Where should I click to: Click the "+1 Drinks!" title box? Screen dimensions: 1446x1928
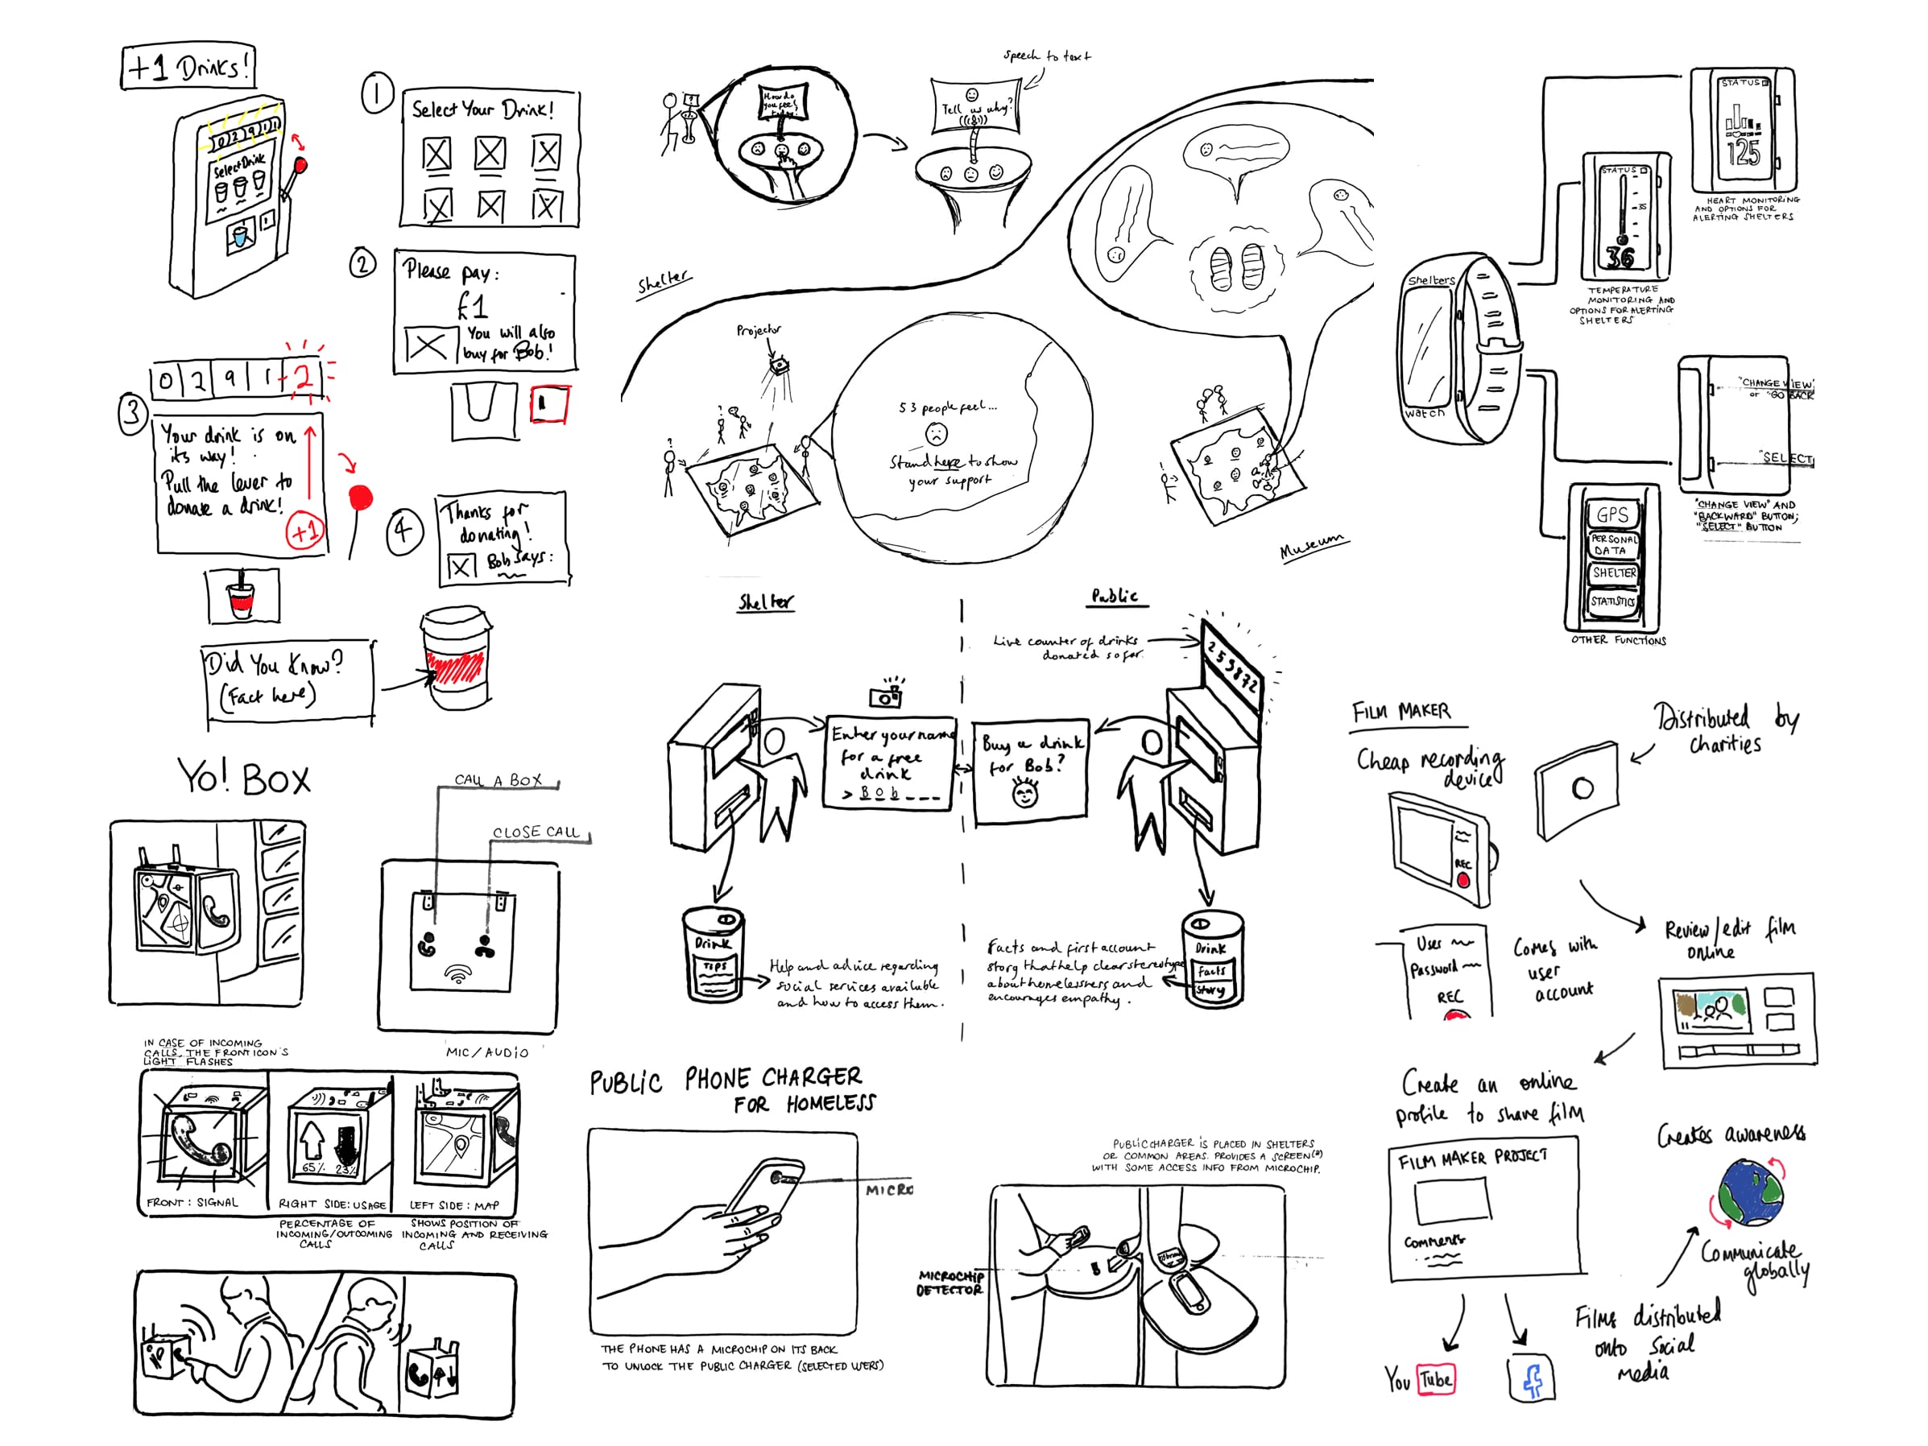click(x=188, y=66)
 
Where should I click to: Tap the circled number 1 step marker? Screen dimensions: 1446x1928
click(x=378, y=94)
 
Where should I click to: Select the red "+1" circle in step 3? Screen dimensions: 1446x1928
click(x=304, y=531)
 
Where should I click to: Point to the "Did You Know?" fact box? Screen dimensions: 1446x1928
click(x=288, y=683)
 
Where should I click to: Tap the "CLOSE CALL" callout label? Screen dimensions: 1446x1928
click(x=536, y=832)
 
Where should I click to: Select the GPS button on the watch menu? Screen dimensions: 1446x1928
click(x=1611, y=514)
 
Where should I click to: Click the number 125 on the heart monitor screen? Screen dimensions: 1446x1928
click(x=1744, y=151)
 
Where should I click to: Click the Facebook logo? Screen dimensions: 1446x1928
click(x=1532, y=1378)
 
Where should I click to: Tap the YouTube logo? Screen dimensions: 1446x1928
click(x=1420, y=1379)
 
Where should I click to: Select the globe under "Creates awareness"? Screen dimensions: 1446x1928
click(x=1750, y=1191)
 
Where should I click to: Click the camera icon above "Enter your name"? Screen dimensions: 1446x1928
click(x=886, y=696)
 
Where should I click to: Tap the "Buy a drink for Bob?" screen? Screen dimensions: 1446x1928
click(x=1030, y=771)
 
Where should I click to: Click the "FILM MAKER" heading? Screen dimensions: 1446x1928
click(x=1401, y=712)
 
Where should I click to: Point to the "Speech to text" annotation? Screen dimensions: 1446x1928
click(x=1046, y=56)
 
